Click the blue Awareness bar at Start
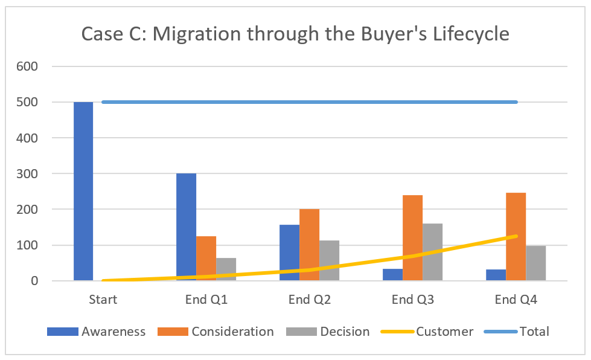[83, 191]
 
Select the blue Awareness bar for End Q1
[186, 227]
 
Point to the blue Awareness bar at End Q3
[392, 274]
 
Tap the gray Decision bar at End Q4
[535, 263]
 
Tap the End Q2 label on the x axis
[309, 300]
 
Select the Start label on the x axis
[103, 300]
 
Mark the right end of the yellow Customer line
[516, 236]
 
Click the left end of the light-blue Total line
[103, 102]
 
